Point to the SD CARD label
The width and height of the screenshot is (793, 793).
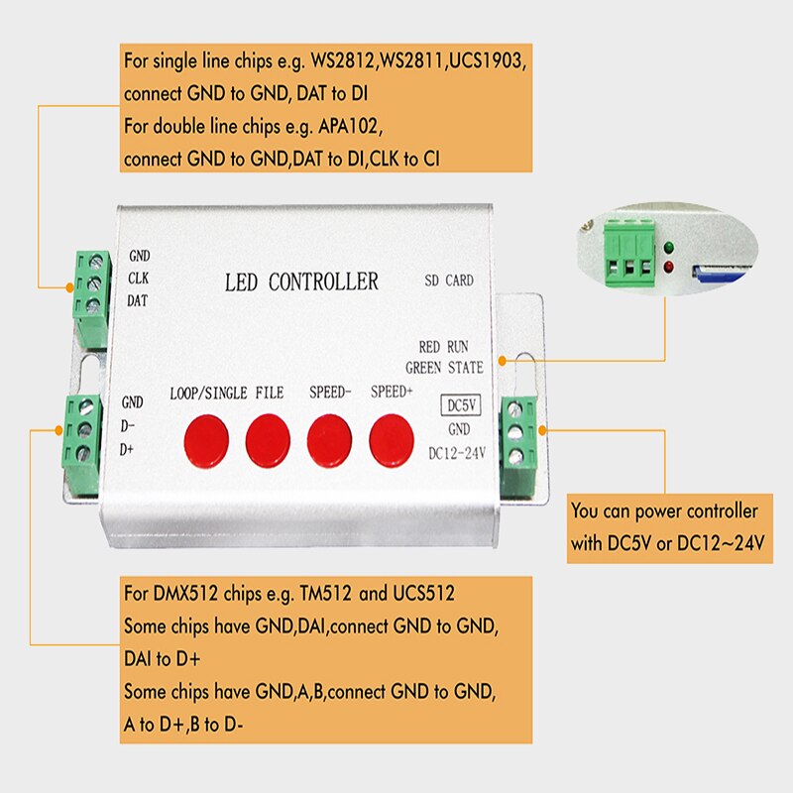(x=448, y=281)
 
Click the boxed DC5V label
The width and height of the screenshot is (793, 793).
(x=459, y=405)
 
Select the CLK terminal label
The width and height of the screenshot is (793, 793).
(x=139, y=277)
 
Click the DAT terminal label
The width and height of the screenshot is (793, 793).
(x=139, y=298)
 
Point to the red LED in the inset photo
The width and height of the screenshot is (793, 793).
(x=670, y=268)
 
